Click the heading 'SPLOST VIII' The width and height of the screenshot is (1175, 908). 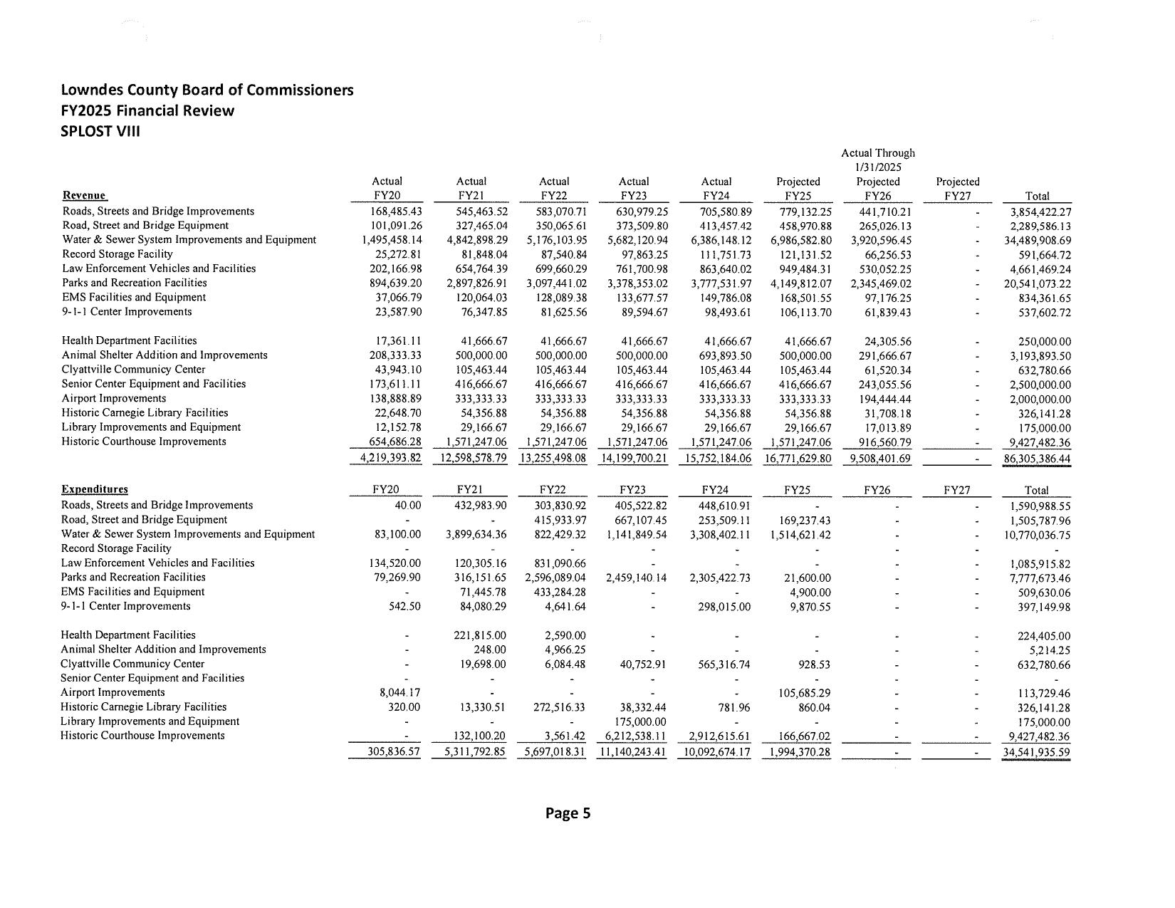100,131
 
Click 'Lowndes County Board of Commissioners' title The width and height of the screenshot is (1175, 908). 207,90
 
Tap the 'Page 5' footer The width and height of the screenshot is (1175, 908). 568,813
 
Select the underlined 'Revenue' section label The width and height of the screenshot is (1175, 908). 84,196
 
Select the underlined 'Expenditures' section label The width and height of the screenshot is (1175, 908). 95,489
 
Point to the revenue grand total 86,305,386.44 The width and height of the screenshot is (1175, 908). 1036,459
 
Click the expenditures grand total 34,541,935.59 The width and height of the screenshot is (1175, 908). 1036,752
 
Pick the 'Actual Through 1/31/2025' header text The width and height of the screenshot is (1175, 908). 877,160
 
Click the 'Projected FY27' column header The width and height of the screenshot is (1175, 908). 957,189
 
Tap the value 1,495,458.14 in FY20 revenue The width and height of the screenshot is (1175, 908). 392,240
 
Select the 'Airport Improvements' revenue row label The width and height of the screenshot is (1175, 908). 114,398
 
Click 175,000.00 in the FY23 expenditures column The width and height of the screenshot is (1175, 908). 640,722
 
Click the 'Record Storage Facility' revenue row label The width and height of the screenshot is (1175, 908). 117,254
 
